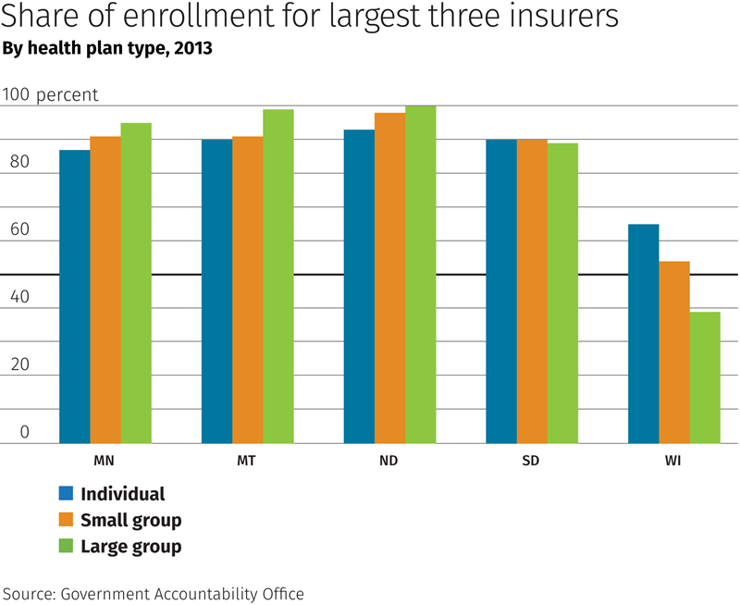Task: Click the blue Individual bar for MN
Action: [75, 296]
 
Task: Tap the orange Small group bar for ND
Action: [389, 278]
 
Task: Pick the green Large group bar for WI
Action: [705, 377]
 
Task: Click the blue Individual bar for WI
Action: [644, 333]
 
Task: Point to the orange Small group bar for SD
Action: [532, 290]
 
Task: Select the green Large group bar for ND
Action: [420, 274]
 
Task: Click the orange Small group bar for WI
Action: [674, 352]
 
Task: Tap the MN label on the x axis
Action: [105, 460]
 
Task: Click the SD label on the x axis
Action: [531, 460]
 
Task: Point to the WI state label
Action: [673, 460]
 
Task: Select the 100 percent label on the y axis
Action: [50, 95]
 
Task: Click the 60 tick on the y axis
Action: [19, 229]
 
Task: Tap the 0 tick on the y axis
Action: [25, 431]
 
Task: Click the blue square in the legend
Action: [66, 493]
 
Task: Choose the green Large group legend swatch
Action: [66, 546]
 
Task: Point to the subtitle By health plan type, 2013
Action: [108, 49]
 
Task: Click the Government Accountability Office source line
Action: [153, 593]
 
